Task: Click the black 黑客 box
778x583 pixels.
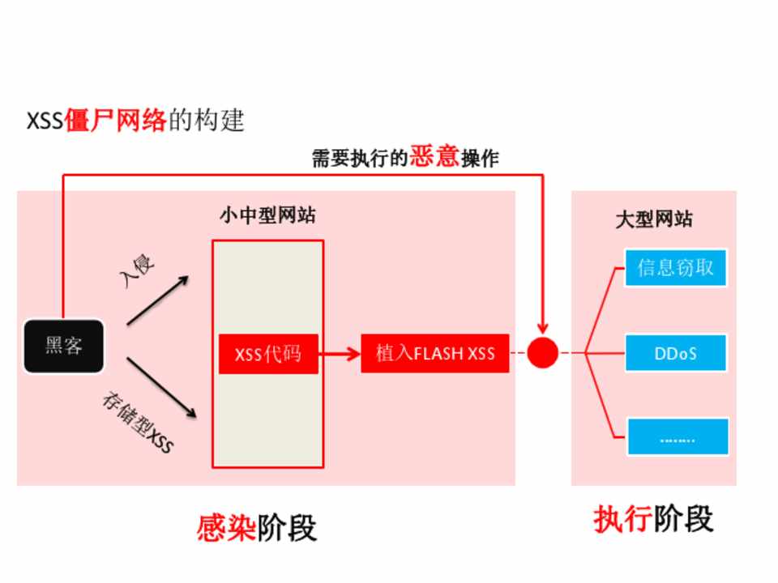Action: coord(64,347)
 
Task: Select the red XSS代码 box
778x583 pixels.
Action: coord(268,354)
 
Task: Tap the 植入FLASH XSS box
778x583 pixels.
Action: coord(435,353)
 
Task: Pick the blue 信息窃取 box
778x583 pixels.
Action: coord(676,267)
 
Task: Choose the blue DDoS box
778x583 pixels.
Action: coord(676,354)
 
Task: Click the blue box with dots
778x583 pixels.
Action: coord(678,437)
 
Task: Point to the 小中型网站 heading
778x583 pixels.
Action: coord(267,216)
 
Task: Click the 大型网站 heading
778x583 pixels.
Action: coord(654,219)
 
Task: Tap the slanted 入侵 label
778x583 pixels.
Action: coord(136,274)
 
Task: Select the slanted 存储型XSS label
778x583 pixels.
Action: coord(138,422)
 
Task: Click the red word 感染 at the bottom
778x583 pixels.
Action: coord(226,528)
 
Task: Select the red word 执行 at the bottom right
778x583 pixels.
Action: coord(622,520)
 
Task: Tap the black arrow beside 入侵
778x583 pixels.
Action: coord(158,300)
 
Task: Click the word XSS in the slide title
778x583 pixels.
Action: coord(45,122)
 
